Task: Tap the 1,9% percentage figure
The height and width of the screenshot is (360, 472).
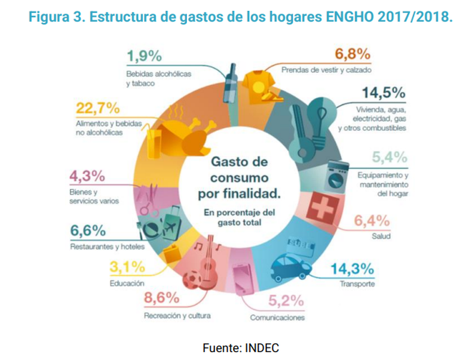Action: point(144,57)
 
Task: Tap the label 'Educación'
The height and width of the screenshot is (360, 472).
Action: point(126,283)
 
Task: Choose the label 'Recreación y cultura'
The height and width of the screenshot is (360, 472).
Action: point(176,314)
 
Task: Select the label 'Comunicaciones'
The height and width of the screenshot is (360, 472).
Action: point(278,318)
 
